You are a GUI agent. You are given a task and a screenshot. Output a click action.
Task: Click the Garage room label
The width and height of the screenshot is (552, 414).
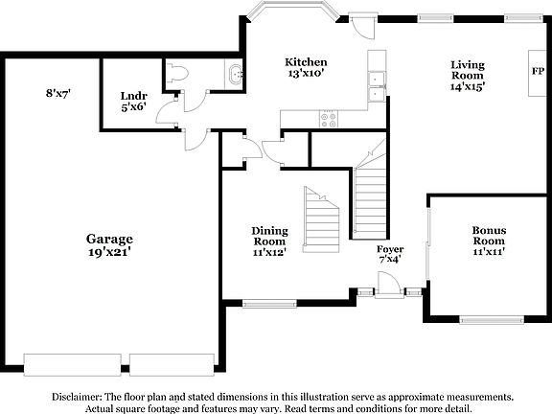(x=108, y=239)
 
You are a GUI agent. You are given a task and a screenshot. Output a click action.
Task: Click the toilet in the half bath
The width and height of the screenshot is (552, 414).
(x=177, y=74)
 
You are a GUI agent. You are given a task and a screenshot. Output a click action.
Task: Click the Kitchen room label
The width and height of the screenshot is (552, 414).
(x=307, y=61)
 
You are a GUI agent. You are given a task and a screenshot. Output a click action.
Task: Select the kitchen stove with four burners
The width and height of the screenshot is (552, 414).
(x=329, y=119)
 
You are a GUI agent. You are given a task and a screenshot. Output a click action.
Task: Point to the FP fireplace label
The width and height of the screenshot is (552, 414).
(x=538, y=72)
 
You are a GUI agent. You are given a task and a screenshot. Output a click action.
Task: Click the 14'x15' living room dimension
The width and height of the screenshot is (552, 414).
(x=470, y=85)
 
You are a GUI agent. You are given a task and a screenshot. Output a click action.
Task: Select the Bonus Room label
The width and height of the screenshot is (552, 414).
(x=489, y=237)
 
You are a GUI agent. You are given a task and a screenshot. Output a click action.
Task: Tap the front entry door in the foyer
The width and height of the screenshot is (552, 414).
(x=386, y=285)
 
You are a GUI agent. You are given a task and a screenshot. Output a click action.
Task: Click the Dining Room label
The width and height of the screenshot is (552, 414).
(x=269, y=237)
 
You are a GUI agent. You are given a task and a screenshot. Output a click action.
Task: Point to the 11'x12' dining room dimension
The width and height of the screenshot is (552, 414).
(x=269, y=253)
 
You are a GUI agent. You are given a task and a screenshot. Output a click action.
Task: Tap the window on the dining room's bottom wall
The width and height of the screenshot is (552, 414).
(x=269, y=305)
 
